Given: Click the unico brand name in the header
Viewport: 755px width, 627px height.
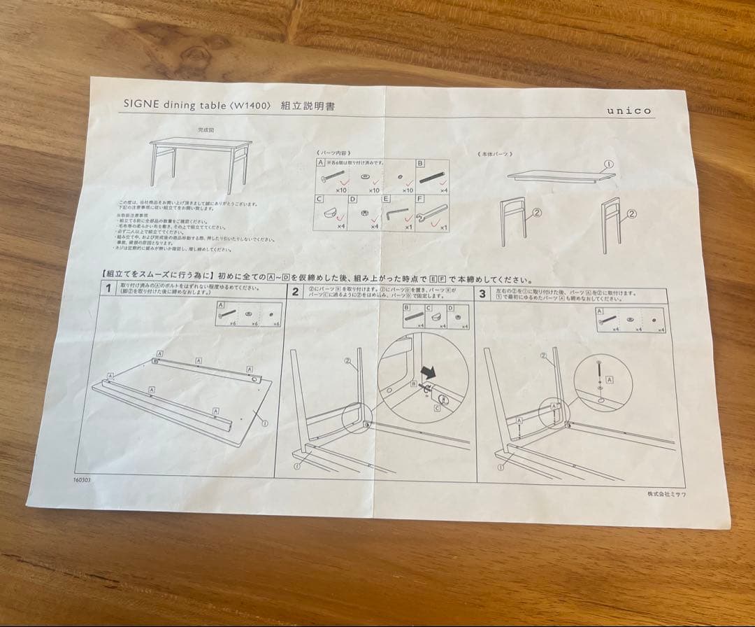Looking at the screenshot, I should pyautogui.click(x=628, y=111).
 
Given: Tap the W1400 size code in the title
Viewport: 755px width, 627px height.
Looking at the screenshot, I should pyautogui.click(x=250, y=105).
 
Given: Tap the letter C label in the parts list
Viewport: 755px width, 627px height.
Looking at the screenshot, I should pyautogui.click(x=319, y=199).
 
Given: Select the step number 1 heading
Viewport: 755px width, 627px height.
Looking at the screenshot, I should pyautogui.click(x=108, y=290).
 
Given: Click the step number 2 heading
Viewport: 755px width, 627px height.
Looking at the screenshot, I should pyautogui.click(x=296, y=292).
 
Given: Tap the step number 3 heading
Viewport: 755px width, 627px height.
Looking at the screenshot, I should pyautogui.click(x=482, y=294).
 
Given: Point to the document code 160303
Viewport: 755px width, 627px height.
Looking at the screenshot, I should pyautogui.click(x=82, y=480).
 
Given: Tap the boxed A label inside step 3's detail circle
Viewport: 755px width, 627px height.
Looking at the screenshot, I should pyautogui.click(x=610, y=379).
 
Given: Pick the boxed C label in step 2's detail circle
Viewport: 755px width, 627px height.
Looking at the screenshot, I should pyautogui.click(x=437, y=405).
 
